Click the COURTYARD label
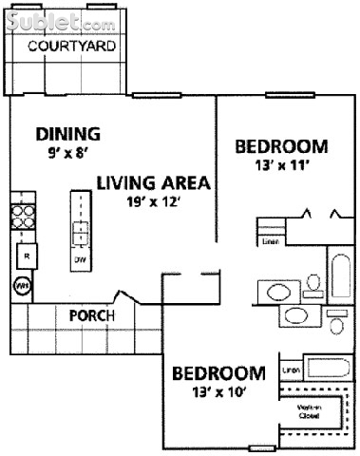[71, 46]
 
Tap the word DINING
[67, 133]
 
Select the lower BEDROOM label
[218, 372]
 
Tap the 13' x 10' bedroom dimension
[218, 390]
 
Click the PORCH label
[92, 315]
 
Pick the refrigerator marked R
[27, 256]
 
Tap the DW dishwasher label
[81, 258]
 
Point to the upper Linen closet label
[270, 241]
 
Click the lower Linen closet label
[292, 370]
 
